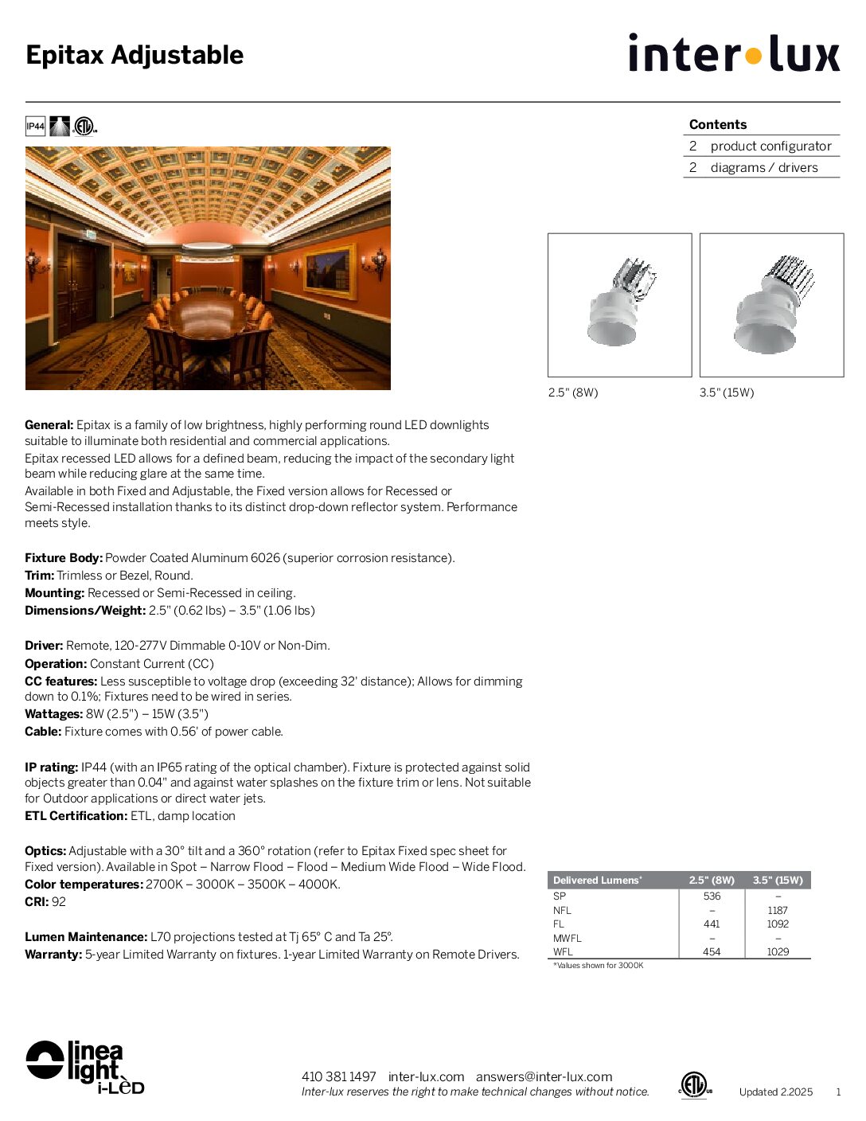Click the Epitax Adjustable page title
coord(135,55)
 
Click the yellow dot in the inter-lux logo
coord(753,56)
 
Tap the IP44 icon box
coord(35,127)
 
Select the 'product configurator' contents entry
coord(770,146)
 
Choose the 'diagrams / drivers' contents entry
coord(763,168)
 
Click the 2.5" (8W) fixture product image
coord(619,305)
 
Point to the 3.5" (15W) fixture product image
coord(771,305)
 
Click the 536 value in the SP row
coord(712,896)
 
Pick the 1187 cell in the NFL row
coord(778,911)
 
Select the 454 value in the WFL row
coord(712,952)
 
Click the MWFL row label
coord(568,939)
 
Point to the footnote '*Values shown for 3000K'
coord(599,966)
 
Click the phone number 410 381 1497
coord(338,1077)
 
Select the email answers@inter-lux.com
coord(544,1077)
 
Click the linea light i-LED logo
coord(84,1067)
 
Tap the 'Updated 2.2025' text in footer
coord(775,1092)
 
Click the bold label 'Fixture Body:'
coord(64,558)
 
